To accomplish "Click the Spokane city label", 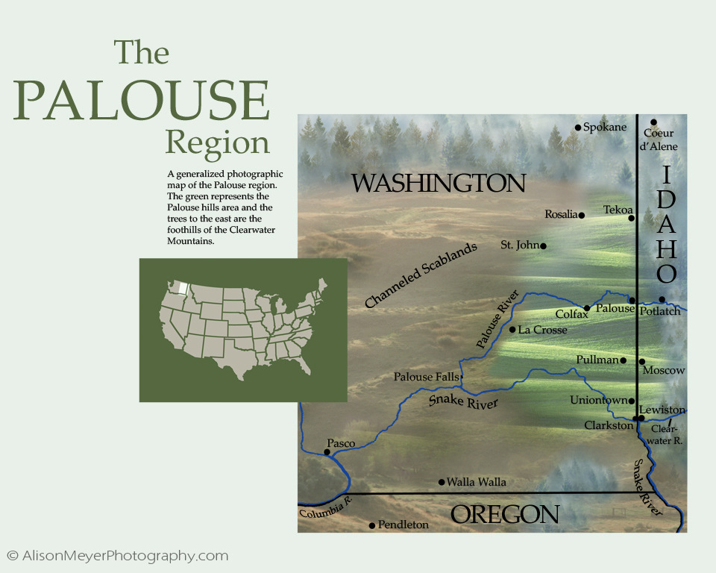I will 605,128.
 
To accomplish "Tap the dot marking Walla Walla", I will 442,482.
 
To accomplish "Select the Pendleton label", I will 403,525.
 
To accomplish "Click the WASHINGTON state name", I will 439,184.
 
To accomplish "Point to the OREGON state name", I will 505,514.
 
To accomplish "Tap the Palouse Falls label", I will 426,378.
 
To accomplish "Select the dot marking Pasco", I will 327,452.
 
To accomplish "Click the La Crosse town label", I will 543,330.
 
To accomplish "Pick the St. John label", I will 519,245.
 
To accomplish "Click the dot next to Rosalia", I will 582,216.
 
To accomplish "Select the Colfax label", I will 572,315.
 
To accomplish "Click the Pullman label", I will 597,360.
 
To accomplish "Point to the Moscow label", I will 663,370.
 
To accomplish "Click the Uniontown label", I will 598,401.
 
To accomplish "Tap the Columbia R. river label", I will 324,510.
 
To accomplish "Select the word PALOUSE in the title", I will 142,101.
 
